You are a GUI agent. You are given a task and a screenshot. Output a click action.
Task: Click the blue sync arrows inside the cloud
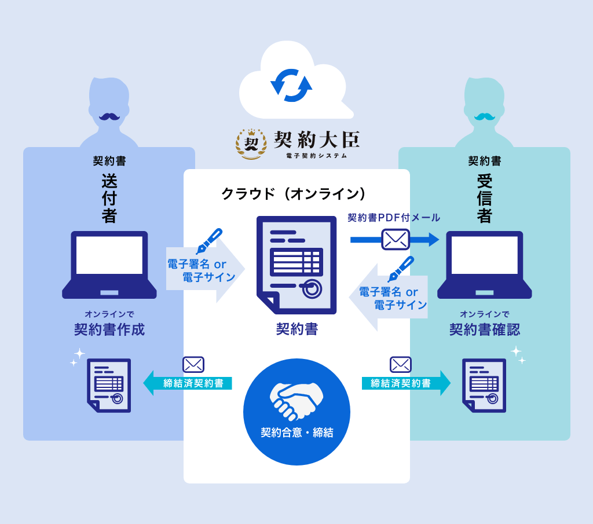tap(291, 86)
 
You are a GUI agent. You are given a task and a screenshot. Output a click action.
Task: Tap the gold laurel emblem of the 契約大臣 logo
tap(251, 144)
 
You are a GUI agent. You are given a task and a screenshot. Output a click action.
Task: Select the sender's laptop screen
tap(109, 255)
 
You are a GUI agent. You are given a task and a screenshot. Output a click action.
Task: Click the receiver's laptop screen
tap(485, 255)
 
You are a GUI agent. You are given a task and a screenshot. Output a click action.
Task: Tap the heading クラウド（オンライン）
tap(294, 194)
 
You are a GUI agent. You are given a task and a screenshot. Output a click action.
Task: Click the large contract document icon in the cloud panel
tap(296, 265)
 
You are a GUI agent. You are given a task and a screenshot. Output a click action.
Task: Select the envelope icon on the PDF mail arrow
tap(396, 239)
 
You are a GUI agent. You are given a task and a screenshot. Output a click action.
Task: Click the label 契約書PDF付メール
tap(394, 218)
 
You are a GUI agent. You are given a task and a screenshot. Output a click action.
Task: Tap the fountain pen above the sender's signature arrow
tap(209, 241)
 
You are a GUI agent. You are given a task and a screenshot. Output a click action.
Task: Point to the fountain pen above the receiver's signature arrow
tap(401, 269)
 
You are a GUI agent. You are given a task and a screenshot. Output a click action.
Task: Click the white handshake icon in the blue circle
tap(296, 401)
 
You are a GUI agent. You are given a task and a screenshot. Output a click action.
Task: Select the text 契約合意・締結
tap(297, 433)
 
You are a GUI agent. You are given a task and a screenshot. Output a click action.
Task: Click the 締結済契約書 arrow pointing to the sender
tap(188, 383)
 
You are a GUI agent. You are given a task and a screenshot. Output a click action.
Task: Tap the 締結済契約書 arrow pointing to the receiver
tap(406, 383)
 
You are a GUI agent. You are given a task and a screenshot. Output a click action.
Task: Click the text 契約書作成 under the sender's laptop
tap(109, 329)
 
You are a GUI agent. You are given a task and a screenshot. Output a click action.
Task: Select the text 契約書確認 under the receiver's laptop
tap(485, 329)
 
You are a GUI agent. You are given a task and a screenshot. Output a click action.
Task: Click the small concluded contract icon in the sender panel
tap(109, 385)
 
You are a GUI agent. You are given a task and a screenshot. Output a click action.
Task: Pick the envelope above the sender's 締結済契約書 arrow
tap(193, 364)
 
